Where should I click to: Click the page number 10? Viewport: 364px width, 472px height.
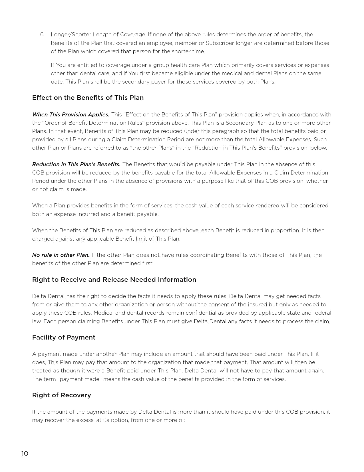[25, 454]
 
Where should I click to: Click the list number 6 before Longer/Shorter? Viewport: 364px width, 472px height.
[42, 35]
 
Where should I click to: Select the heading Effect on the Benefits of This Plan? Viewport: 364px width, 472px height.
[88, 98]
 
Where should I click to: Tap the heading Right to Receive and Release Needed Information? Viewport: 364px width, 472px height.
[114, 280]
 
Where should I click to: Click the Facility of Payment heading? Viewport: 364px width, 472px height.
[64, 338]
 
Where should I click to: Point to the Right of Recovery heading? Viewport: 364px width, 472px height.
[61, 395]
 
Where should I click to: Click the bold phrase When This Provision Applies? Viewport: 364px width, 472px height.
[71, 115]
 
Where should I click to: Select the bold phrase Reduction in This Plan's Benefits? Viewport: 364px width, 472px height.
[76, 164]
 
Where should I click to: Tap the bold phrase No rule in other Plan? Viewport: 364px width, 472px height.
[61, 255]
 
